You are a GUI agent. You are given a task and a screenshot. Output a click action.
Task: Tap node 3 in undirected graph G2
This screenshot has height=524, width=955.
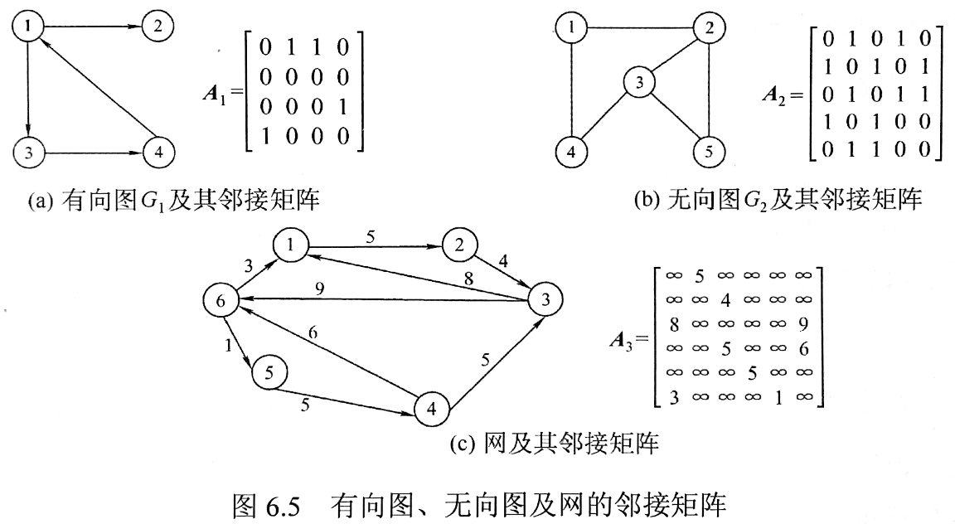pos(639,83)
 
